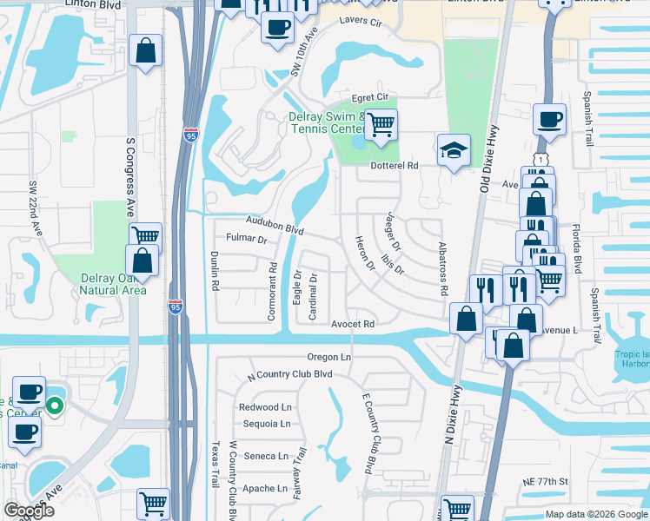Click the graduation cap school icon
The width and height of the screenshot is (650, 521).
(454, 151)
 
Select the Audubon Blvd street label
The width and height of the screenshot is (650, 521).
(275, 226)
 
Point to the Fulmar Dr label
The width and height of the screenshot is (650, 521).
(245, 237)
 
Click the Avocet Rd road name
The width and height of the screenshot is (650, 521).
(352, 324)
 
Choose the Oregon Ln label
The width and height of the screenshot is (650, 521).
(328, 357)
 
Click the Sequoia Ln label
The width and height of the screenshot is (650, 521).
(267, 424)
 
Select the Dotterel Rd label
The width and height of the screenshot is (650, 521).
(395, 165)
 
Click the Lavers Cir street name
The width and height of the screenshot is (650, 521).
(361, 20)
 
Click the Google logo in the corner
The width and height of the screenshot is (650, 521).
(30, 511)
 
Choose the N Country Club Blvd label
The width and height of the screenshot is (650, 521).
(290, 374)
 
